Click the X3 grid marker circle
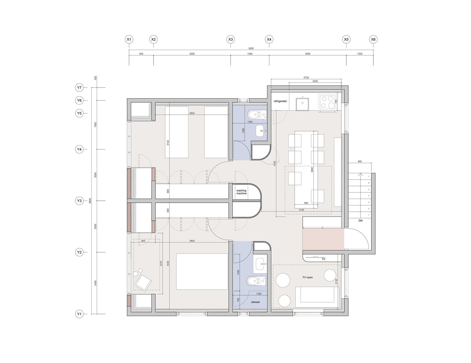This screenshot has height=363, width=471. pos(230,40)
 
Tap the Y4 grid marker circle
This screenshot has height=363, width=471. pos(79,149)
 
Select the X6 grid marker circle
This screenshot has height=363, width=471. pos(373,40)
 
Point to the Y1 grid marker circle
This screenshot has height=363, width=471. pos(79,314)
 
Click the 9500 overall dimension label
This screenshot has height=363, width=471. pos(251,48)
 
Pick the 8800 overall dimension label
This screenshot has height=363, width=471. pos(90,200)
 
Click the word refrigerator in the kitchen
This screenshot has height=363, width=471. pos(280,101)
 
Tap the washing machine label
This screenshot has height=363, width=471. pos(241,192)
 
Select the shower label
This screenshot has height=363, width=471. pos(256,302)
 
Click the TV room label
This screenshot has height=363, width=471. pos(307,277)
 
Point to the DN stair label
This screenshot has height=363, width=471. pos(360,221)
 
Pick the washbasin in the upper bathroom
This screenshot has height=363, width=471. pos(260,131)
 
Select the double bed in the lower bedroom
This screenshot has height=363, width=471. pos(202,272)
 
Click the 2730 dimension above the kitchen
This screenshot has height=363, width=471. pos(306,77)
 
